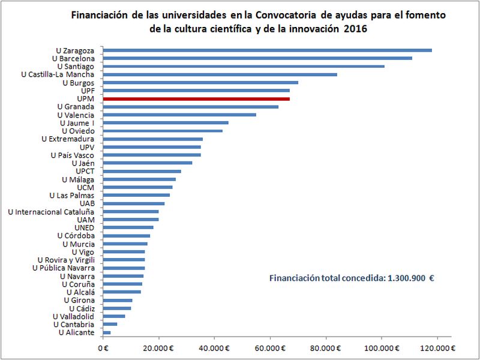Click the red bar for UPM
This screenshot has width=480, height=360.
point(196,98)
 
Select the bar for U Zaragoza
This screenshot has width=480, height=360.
point(268,50)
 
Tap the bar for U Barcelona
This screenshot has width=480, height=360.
point(257,58)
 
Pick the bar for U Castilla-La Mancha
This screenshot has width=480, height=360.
point(220,74)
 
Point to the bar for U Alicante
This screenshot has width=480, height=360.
point(107,332)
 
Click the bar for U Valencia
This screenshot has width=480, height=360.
point(179,115)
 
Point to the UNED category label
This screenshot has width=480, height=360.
point(84,227)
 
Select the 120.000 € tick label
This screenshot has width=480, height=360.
point(437,347)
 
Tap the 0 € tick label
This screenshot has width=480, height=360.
point(103,347)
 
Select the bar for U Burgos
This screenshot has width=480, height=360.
point(200,82)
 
